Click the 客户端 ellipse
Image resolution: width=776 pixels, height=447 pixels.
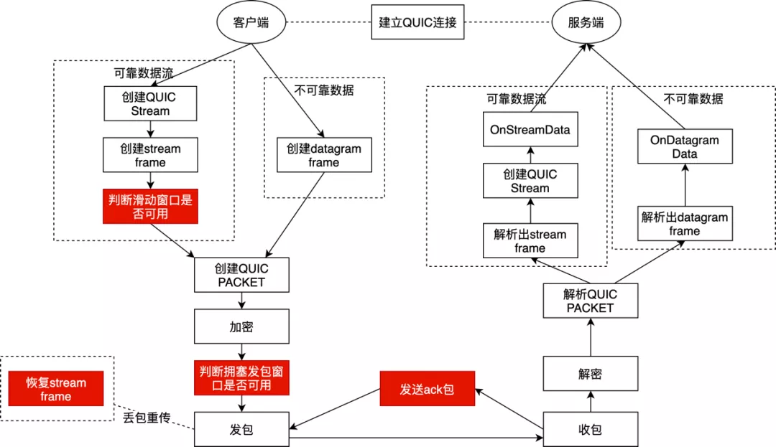click(251, 23)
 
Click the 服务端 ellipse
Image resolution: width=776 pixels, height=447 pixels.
click(586, 23)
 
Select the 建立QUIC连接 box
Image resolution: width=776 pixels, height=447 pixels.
click(417, 22)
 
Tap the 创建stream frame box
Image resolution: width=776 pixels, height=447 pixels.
click(150, 155)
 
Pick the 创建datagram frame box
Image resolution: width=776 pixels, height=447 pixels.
click(324, 155)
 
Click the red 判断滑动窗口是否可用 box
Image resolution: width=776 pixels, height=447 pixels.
click(150, 207)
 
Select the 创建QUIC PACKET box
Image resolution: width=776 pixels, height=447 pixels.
click(241, 275)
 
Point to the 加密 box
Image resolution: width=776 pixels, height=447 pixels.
click(241, 326)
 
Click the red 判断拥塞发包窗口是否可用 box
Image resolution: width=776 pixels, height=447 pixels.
click(241, 378)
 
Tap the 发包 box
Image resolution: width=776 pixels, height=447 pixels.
click(241, 429)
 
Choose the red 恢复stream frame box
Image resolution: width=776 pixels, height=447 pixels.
click(56, 389)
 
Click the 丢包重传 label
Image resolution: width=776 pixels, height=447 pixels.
click(147, 418)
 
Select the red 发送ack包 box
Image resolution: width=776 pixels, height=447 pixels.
click(428, 389)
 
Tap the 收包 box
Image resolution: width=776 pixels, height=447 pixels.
click(591, 429)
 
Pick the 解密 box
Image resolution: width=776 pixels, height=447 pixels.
click(591, 374)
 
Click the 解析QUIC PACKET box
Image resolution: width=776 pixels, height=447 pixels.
click(591, 301)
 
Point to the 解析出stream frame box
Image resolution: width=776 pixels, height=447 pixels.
click(530, 240)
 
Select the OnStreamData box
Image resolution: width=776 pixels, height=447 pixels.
click(530, 129)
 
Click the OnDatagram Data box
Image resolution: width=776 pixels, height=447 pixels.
click(685, 146)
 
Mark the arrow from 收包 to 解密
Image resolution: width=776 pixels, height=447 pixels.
click(591, 402)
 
